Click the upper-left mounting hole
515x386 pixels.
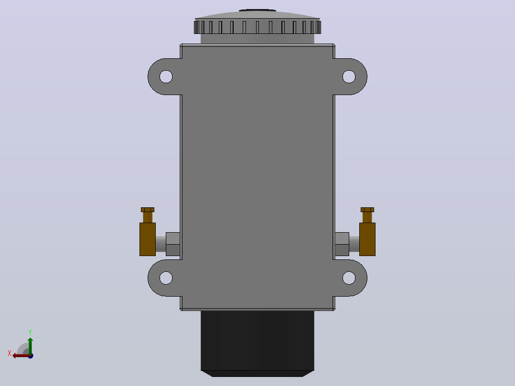pos(166,76)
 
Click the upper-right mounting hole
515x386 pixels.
pos(349,76)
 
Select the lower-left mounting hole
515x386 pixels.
pos(166,278)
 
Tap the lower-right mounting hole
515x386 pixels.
pos(349,278)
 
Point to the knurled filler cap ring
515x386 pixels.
pos(257,27)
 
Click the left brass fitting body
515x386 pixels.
pos(148,239)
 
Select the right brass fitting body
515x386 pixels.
pos(367,239)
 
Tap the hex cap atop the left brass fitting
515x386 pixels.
pos(148,210)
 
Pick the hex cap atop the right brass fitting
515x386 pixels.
pos(367,210)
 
